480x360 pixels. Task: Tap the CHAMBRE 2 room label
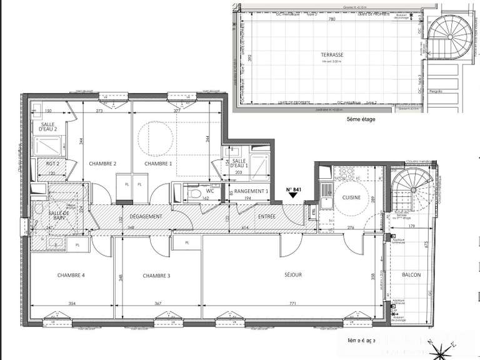pos(103,164)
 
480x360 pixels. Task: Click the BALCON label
pos(411,275)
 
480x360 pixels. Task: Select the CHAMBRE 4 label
pos(71,275)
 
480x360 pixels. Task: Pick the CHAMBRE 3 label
pos(156,275)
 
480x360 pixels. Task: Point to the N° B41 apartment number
pos(294,189)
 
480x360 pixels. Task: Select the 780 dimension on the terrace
pos(332,19)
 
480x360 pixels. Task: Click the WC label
pos(211,191)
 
